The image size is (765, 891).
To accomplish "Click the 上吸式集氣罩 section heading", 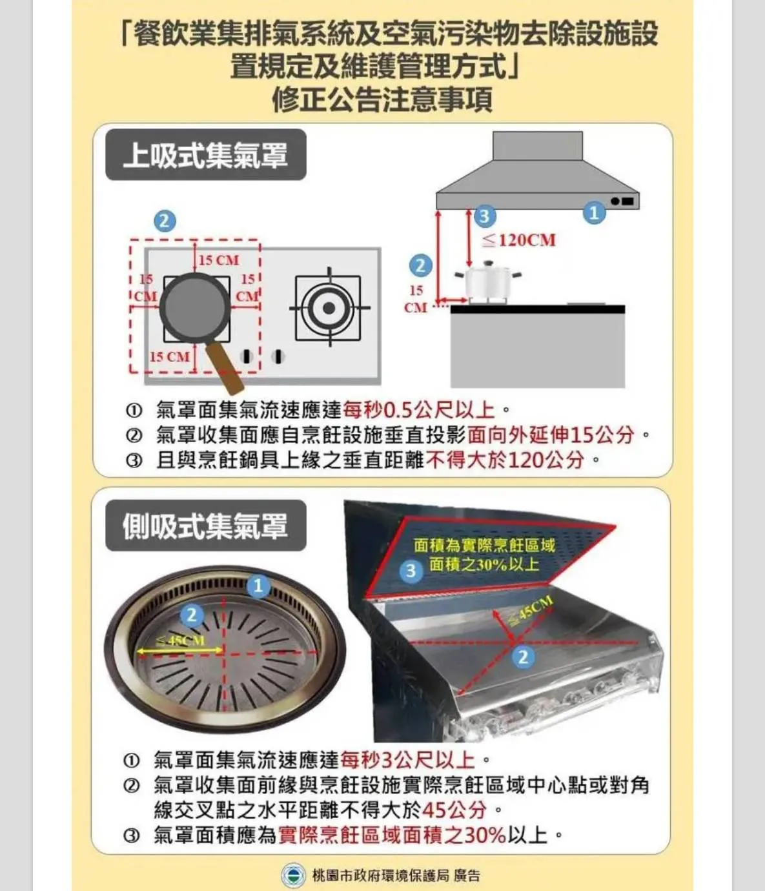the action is point(205,154).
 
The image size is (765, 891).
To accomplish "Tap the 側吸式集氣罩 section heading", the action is point(205,526).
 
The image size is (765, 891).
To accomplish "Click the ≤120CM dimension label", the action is point(519,240).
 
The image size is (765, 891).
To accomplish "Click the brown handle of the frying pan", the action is point(224,367).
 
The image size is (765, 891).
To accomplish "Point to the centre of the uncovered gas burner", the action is point(329,308).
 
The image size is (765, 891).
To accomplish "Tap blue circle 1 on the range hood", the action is point(595,212).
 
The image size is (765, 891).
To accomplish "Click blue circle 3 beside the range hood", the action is point(485,216).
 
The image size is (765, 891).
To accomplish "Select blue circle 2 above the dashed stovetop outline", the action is point(165,221).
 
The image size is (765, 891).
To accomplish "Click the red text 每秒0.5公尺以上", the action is point(418,409).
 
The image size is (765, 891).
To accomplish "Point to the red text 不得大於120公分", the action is point(505,460).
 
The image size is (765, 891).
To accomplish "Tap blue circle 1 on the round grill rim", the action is point(258,586).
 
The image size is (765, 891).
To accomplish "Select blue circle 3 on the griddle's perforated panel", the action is point(411,571).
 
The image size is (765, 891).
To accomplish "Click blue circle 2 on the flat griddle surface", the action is point(523,657).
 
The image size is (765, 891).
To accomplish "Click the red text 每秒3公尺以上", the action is point(408,761).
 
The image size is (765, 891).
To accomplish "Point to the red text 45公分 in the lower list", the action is point(454,810).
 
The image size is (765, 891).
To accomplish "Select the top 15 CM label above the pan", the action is point(218,260).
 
